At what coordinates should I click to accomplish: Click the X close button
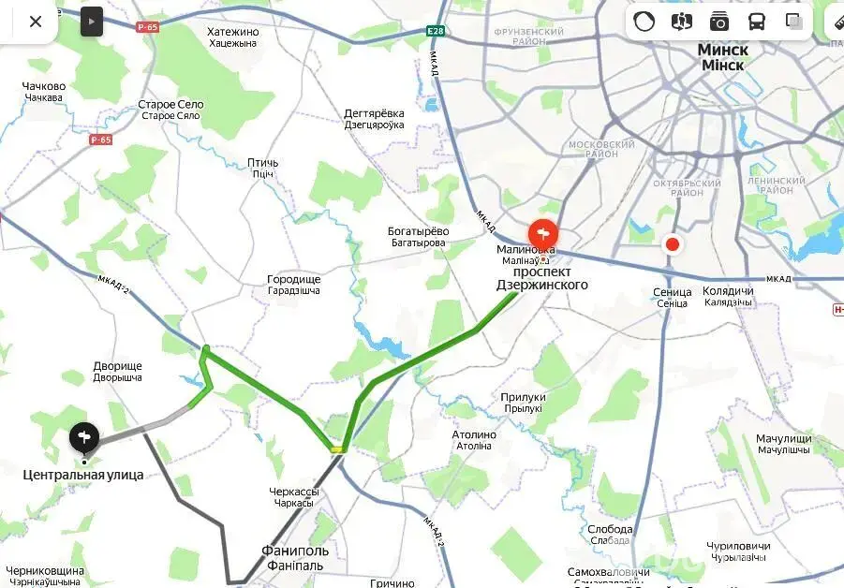click(x=36, y=22)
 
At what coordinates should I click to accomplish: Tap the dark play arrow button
click(x=91, y=21)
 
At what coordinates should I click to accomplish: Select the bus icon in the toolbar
click(x=756, y=22)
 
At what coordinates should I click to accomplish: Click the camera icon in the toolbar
click(x=718, y=22)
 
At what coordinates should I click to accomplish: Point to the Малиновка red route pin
click(x=543, y=234)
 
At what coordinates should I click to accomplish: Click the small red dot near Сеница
click(x=672, y=245)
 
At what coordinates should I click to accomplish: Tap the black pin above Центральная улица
click(x=84, y=437)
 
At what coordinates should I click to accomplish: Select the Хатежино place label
click(x=233, y=32)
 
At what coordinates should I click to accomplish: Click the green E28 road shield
click(x=436, y=31)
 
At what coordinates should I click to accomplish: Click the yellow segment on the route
click(x=337, y=450)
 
